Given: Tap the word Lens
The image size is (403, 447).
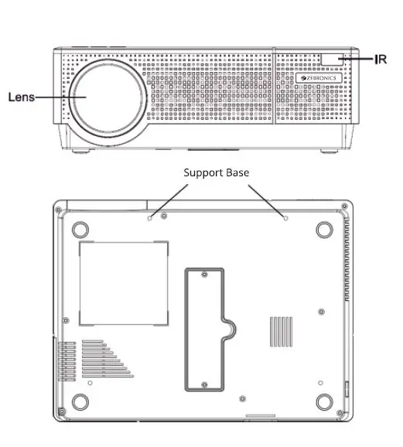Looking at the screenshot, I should point(21,97).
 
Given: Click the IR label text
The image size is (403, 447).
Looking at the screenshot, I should point(380,59).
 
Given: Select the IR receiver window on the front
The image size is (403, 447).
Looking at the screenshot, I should point(333,59).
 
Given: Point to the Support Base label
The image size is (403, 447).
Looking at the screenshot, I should point(217,172).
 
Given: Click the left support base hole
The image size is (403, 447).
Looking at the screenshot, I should point(150,218).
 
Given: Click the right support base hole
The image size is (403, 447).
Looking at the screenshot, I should point(287,218).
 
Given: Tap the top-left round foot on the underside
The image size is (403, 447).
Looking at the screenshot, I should point(80,230).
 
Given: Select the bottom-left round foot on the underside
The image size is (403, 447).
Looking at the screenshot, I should point(80,401).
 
